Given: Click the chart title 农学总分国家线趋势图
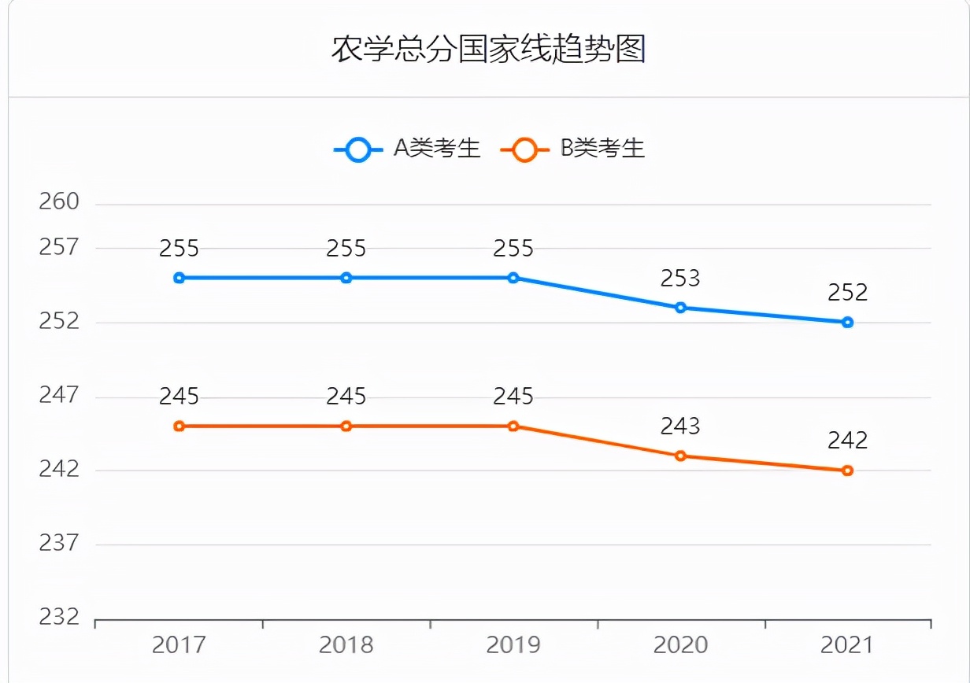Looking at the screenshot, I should pos(488,49).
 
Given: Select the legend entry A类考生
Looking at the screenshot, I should pos(407,149).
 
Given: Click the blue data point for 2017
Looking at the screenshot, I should pos(180,278).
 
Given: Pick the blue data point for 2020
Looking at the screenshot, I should pos(680,307).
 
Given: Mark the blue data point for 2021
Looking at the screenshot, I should pos(847,322).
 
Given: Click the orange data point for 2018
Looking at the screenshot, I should pos(346,426).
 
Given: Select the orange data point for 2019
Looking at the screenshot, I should pos(513,426).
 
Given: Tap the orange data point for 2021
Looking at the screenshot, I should pos(847,471).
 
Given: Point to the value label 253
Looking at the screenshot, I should pos(680,278).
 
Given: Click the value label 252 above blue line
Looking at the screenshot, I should pos(847,293).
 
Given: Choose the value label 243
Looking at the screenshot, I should pos(680,426).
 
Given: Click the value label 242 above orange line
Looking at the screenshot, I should pos(847,441).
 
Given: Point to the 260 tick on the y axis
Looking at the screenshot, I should pos(60,202).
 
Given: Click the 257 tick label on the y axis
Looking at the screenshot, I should pos(60,247).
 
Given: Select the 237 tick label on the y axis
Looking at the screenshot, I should pos(60,543).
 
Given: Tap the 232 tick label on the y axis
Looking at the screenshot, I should pos(60,617).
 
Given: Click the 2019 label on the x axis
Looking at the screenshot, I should pos(513,646).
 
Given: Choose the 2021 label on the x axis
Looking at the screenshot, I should pos(847,646).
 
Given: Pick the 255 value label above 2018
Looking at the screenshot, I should pos(346,249).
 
